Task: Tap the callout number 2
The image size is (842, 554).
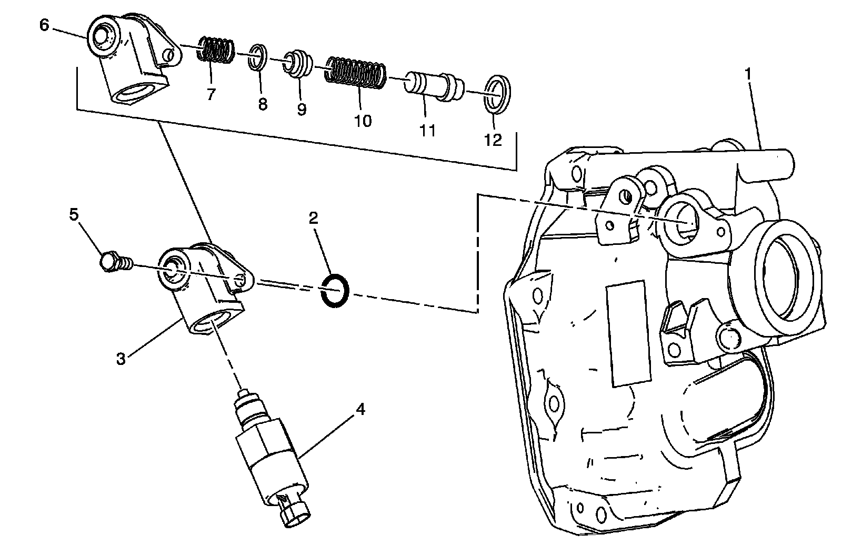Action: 313,218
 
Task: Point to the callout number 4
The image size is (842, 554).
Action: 360,409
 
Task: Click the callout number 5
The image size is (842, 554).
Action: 74,214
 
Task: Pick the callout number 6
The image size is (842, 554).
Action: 44,25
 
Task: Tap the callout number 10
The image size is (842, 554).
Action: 363,121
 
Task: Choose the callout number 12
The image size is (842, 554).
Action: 494,140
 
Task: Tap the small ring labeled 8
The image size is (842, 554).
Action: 257,57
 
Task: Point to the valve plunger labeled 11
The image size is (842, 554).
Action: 434,85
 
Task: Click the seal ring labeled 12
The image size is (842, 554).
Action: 497,94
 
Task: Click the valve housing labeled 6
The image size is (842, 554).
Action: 132,58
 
